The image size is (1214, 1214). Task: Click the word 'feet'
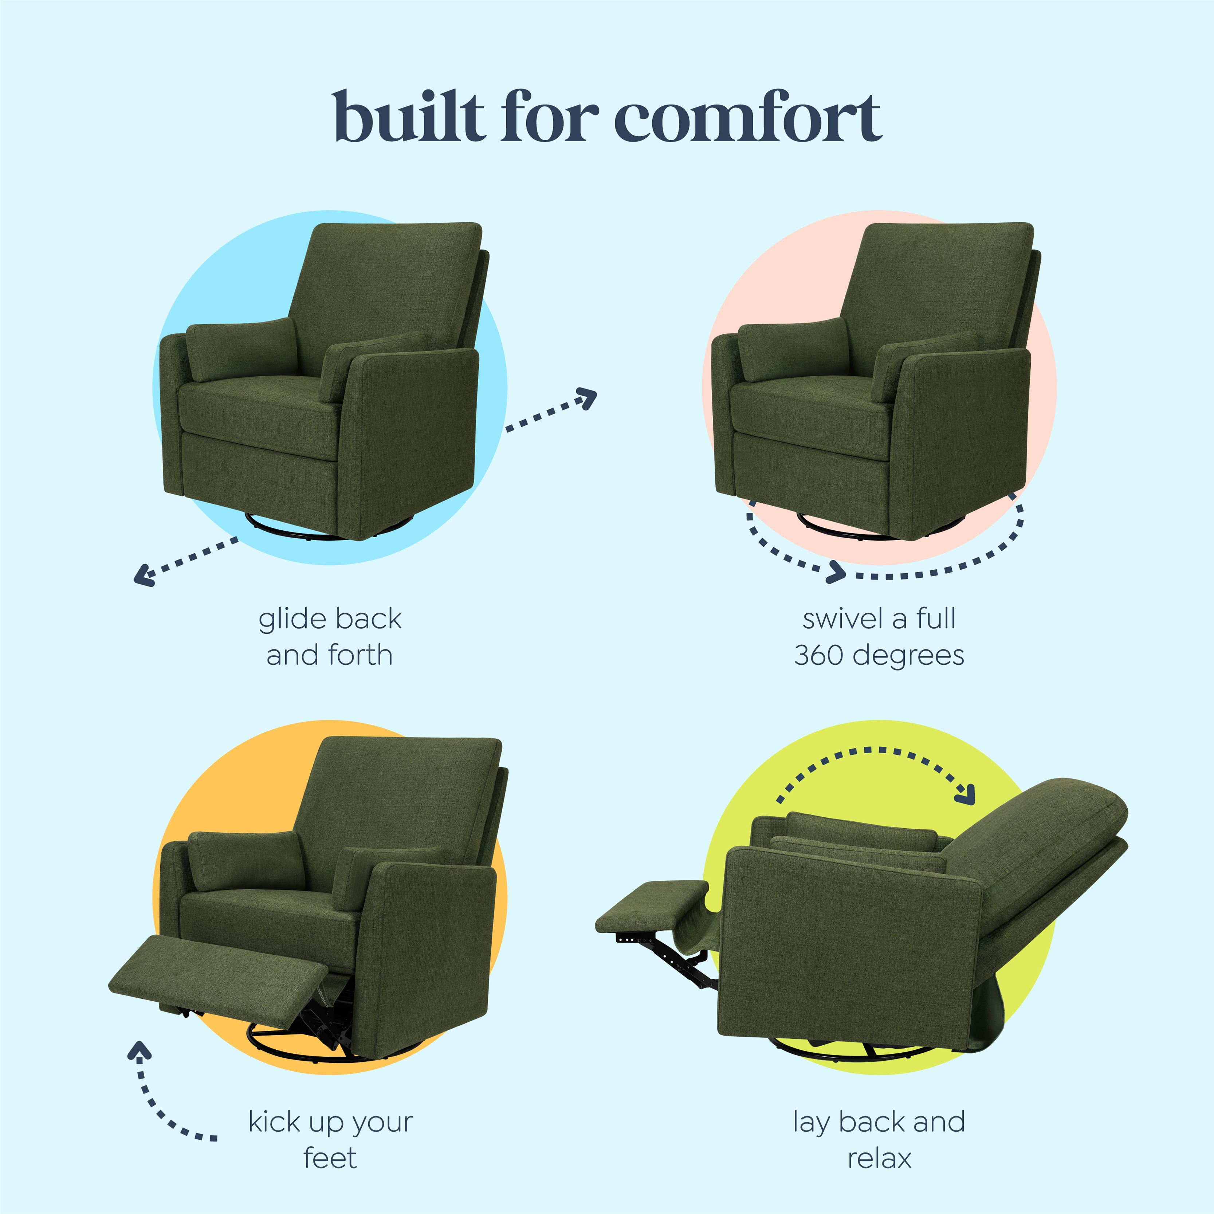point(330,1158)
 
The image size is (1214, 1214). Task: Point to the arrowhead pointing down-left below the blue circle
point(143,575)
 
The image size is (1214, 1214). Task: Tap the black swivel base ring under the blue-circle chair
point(295,531)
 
